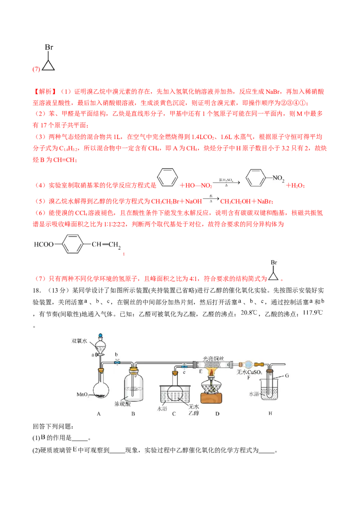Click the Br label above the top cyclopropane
(49, 47)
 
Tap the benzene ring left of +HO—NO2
(168, 177)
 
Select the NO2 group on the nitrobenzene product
(278, 178)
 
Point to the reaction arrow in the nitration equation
(226, 183)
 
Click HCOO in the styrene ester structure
(44, 245)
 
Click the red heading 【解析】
(45, 92)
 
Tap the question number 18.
(37, 290)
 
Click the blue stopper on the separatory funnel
(100, 335)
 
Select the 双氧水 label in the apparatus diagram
(79, 341)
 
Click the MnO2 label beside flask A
(82, 395)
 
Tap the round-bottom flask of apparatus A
(101, 389)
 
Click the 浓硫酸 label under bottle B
(122, 404)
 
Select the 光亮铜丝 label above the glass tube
(213, 359)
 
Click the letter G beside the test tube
(287, 376)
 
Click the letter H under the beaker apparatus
(270, 414)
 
